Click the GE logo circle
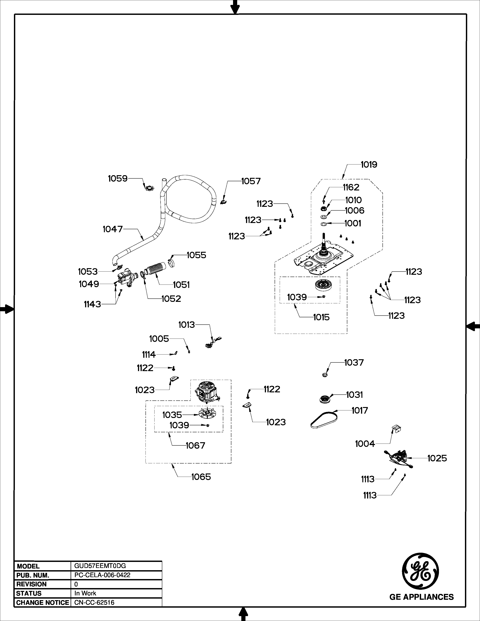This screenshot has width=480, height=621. (420, 571)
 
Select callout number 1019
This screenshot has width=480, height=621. (369, 165)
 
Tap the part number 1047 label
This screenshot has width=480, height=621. (113, 229)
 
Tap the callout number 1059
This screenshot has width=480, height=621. (118, 179)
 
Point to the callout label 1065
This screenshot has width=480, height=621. (201, 477)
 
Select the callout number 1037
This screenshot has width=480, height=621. (354, 363)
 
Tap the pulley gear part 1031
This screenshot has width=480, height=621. (324, 400)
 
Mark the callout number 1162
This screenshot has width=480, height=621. (351, 187)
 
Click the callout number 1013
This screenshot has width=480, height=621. (187, 325)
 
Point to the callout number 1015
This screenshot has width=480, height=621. (321, 317)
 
